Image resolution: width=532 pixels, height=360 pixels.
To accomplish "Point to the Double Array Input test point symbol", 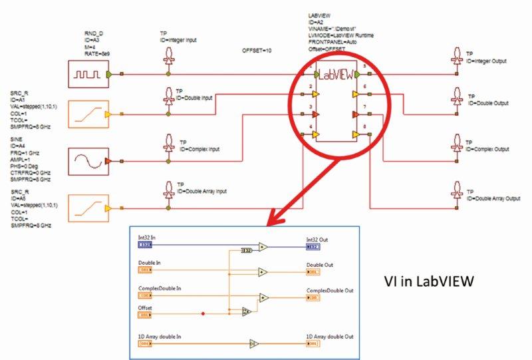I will (x=170, y=189).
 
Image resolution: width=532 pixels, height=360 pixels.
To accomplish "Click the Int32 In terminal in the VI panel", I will (x=146, y=246).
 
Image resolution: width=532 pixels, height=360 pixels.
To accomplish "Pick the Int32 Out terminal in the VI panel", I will (x=313, y=246).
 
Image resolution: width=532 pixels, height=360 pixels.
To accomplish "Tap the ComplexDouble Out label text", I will (x=329, y=290).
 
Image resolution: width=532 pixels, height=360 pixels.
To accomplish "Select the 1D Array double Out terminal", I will (x=313, y=344).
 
